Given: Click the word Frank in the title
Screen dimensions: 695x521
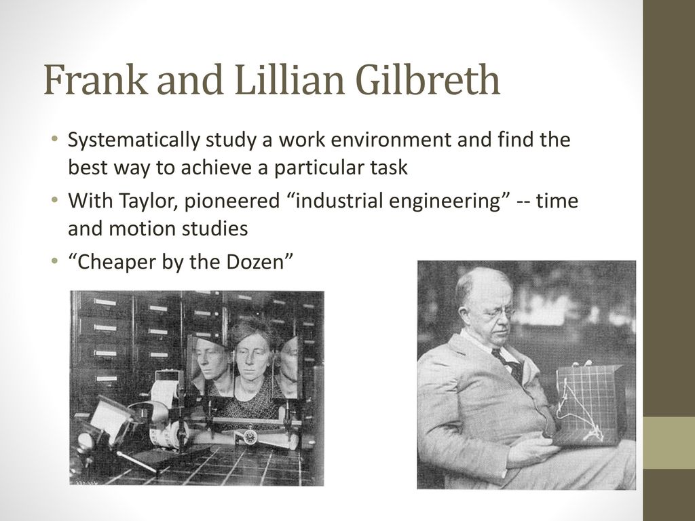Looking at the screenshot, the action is pos(96,80).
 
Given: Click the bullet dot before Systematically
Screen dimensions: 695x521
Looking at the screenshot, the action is pos(55,139).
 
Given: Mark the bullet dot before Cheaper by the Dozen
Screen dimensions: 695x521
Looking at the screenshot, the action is pos(55,261).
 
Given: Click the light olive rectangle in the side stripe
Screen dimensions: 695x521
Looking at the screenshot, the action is pos(669,442).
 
